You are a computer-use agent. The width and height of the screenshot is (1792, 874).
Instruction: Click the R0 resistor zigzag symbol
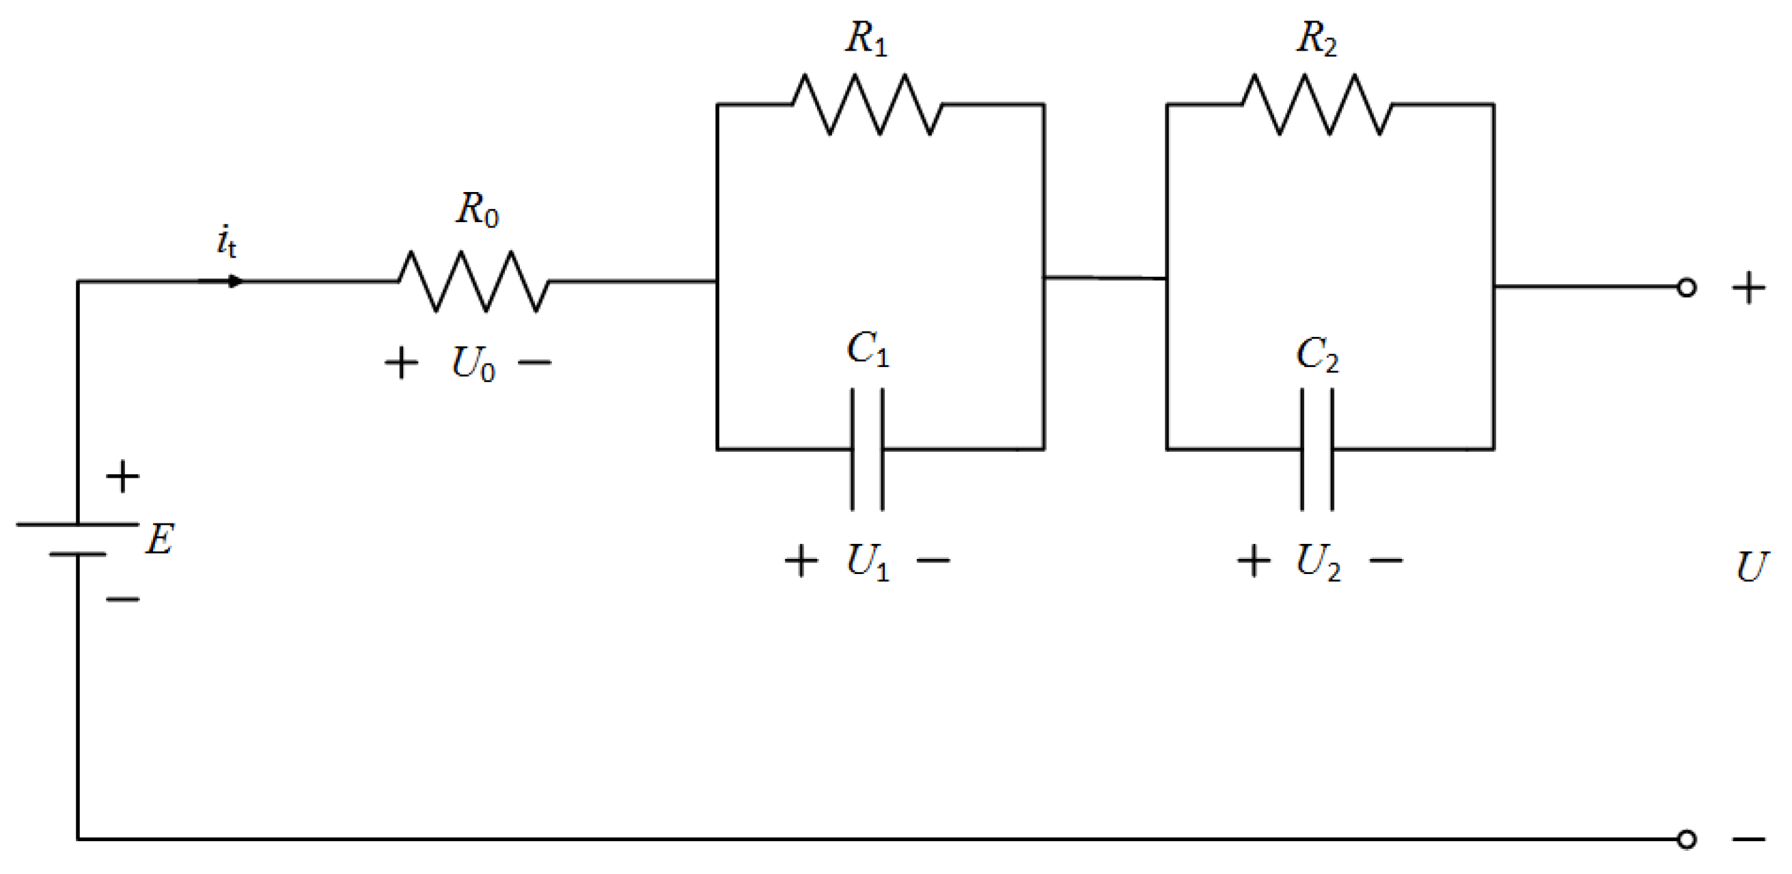pyautogui.click(x=473, y=281)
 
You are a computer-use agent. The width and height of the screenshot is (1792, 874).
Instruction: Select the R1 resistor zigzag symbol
pyautogui.click(x=867, y=105)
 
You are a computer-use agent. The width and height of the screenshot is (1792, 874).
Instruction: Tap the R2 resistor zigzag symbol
pyautogui.click(x=1317, y=105)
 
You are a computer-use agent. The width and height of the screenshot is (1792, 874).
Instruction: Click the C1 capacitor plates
pyautogui.click(x=868, y=449)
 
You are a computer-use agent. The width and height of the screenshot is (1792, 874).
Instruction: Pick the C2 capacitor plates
pyautogui.click(x=1317, y=449)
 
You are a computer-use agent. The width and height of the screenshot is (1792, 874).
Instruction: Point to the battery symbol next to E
pyautogui.click(x=77, y=538)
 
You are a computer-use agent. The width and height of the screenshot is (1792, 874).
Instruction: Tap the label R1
pyautogui.click(x=867, y=38)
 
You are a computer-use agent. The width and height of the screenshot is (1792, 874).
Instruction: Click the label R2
pyautogui.click(x=1317, y=38)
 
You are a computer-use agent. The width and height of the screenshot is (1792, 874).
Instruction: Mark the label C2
pyautogui.click(x=1317, y=354)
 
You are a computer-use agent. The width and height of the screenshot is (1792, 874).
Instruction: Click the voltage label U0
pyautogui.click(x=473, y=364)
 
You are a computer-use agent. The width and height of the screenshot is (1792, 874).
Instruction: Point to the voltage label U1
pyautogui.click(x=868, y=561)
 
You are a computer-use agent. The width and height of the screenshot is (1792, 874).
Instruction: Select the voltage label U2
pyautogui.click(x=1318, y=561)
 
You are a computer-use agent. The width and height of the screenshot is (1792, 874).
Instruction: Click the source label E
pyautogui.click(x=159, y=539)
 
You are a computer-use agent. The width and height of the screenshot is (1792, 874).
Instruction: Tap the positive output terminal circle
pyautogui.click(x=1686, y=288)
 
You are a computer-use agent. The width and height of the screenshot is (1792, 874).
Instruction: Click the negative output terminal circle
pyautogui.click(x=1686, y=839)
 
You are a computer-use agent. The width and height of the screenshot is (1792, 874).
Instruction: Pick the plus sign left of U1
pyautogui.click(x=801, y=561)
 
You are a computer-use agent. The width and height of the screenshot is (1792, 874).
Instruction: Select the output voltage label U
pyautogui.click(x=1751, y=567)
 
